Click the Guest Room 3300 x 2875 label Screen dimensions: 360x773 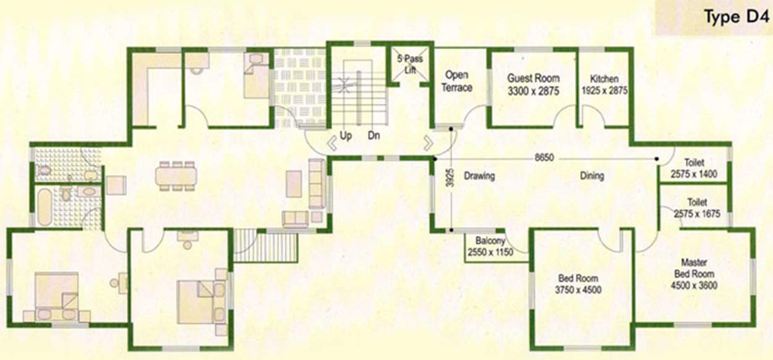pyautogui.click(x=533, y=84)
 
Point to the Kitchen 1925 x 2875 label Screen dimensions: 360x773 pyautogui.click(x=604, y=84)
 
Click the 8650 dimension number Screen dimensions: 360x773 pyautogui.click(x=544, y=158)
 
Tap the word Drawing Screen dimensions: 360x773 pyautogui.click(x=480, y=176)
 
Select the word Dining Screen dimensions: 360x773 pyautogui.click(x=592, y=176)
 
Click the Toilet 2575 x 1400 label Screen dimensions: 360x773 pyautogui.click(x=694, y=169)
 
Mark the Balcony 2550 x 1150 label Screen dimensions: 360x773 pyautogui.click(x=490, y=246)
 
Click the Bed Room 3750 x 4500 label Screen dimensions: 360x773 pyautogui.click(x=579, y=284)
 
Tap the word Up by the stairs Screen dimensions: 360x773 pyautogui.click(x=346, y=135)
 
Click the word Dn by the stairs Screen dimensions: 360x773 pyautogui.click(x=374, y=135)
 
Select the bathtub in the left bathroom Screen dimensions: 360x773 pyautogui.click(x=45, y=207)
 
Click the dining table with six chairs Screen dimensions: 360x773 pyautogui.click(x=176, y=176)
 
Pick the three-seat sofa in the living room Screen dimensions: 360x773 pyautogui.click(x=316, y=183)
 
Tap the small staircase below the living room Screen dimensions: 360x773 pyautogui.click(x=267, y=245)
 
